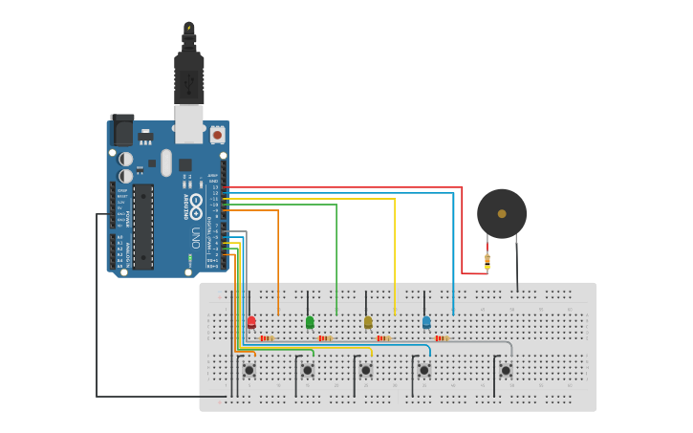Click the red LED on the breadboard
[x=251, y=322]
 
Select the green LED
[x=310, y=322]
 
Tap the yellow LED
[x=368, y=322]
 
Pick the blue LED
[x=426, y=322]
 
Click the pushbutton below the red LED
[x=249, y=370]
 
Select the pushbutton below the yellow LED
[x=365, y=370]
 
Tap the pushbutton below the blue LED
[x=423, y=370]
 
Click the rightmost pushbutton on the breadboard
[x=506, y=370]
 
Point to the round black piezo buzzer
[x=502, y=213]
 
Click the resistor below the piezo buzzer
[x=487, y=260]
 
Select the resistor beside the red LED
[x=267, y=338]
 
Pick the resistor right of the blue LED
[x=442, y=338]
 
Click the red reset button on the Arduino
[x=217, y=135]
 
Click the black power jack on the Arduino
[x=122, y=130]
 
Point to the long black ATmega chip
[x=142, y=227]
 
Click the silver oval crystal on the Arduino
[x=166, y=162]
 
